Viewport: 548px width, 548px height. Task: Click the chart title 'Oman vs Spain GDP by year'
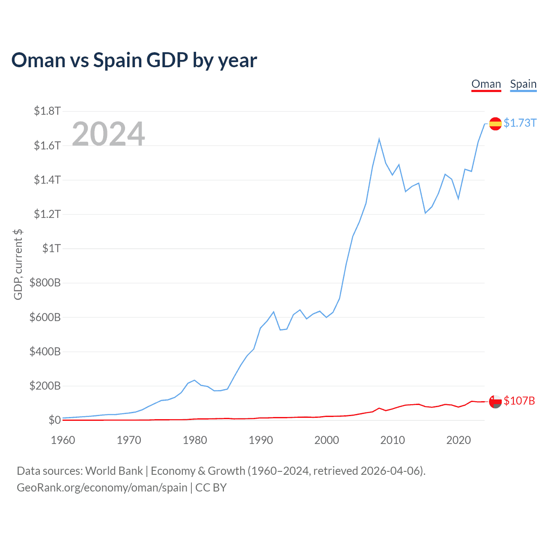(134, 60)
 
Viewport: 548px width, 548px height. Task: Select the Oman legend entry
(486, 84)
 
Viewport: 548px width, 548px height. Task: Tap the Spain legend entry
(523, 84)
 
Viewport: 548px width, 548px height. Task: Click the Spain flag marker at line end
(495, 124)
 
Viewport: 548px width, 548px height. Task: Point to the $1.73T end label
(520, 123)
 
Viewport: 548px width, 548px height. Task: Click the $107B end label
(519, 401)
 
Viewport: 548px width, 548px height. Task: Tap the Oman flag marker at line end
(495, 402)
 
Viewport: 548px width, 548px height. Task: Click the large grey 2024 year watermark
(108, 134)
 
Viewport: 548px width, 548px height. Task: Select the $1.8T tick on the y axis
(47, 111)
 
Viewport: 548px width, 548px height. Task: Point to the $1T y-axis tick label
(51, 248)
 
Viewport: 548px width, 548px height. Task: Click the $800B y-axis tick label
(45, 283)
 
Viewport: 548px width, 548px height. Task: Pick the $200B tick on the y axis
(45, 386)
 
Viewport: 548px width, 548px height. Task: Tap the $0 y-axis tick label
(54, 420)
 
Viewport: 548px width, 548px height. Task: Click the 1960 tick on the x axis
(63, 440)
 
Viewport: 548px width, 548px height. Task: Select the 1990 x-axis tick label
(261, 440)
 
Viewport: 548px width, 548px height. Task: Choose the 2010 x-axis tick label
(393, 440)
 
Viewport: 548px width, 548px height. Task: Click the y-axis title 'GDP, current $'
(18, 265)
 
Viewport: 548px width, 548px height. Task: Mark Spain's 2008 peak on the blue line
(379, 139)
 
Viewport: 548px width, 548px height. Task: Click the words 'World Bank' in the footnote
(114, 471)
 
